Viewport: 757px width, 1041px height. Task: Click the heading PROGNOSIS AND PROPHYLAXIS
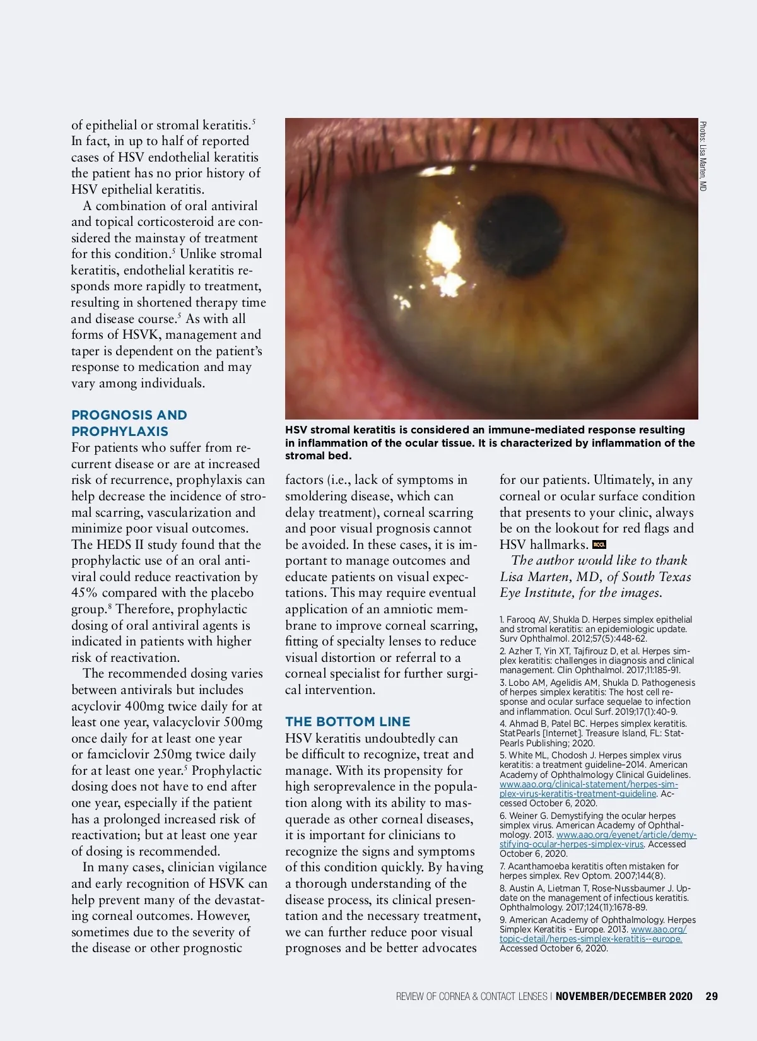click(x=129, y=423)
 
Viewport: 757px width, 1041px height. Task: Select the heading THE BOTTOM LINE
click(x=348, y=722)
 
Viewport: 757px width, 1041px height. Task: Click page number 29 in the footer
click(x=712, y=996)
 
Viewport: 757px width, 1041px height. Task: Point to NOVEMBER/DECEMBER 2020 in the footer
click(x=624, y=996)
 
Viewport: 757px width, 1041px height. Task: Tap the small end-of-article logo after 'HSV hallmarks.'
click(x=599, y=544)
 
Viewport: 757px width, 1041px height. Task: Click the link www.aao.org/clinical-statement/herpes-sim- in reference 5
click(x=589, y=784)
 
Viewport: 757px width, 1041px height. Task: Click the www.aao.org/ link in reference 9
click(x=659, y=929)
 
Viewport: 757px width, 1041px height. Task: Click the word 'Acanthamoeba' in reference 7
click(x=538, y=866)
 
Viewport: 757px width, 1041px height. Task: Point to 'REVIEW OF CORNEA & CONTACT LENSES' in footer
click(x=471, y=996)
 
